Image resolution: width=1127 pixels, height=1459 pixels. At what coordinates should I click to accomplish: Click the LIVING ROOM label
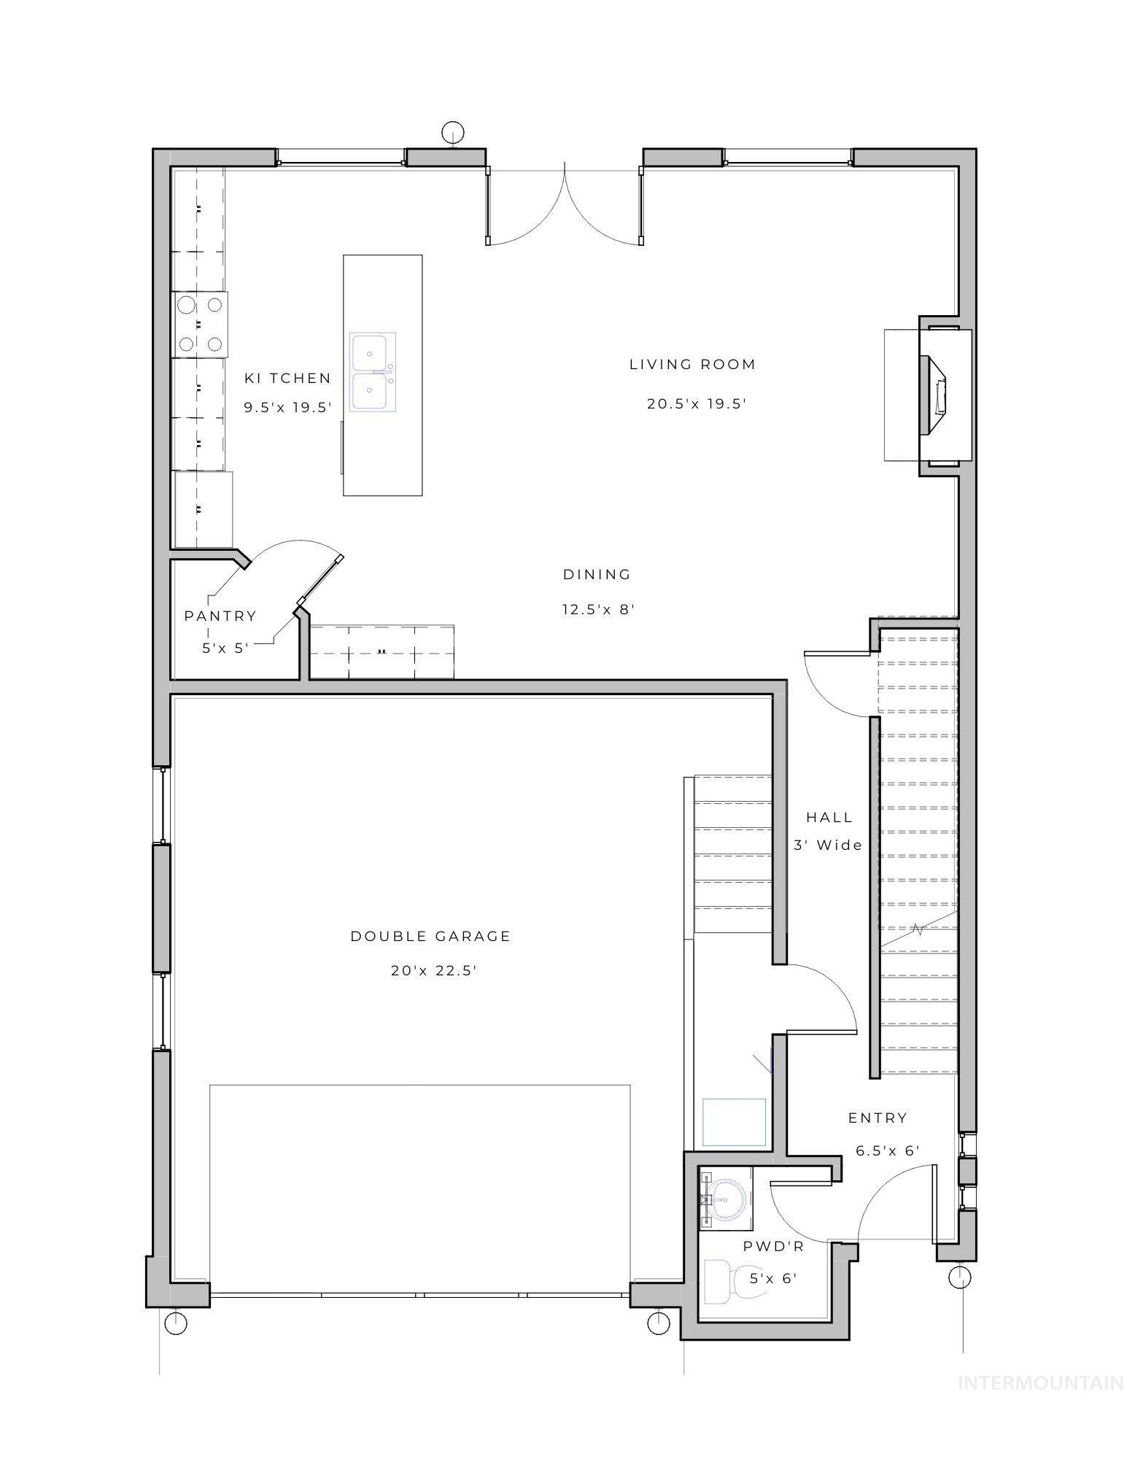(692, 364)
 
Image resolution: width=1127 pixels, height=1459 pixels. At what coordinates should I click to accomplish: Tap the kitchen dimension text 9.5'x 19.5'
(288, 407)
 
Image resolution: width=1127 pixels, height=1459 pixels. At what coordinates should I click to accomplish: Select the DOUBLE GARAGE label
(430, 936)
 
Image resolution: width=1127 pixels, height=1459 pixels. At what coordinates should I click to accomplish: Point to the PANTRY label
(220, 616)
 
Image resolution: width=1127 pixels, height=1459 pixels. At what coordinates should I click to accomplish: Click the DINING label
(597, 574)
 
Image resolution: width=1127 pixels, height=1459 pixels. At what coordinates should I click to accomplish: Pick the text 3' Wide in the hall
(828, 845)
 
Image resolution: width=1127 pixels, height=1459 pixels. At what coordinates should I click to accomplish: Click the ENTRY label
(878, 1118)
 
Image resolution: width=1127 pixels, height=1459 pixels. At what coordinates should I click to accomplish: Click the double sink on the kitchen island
(372, 372)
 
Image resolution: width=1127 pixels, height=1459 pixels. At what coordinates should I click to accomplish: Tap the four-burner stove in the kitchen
(200, 324)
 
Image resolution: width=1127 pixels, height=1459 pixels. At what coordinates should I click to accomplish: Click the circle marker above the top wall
(452, 132)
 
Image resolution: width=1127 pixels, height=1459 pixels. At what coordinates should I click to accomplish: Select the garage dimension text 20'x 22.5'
(434, 970)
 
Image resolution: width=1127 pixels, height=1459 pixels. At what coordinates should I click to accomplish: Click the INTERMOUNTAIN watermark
(1040, 1382)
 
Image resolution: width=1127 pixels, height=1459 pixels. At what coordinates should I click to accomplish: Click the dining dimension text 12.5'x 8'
(598, 608)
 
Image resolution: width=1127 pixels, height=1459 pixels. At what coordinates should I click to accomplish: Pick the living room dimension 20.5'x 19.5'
(697, 403)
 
